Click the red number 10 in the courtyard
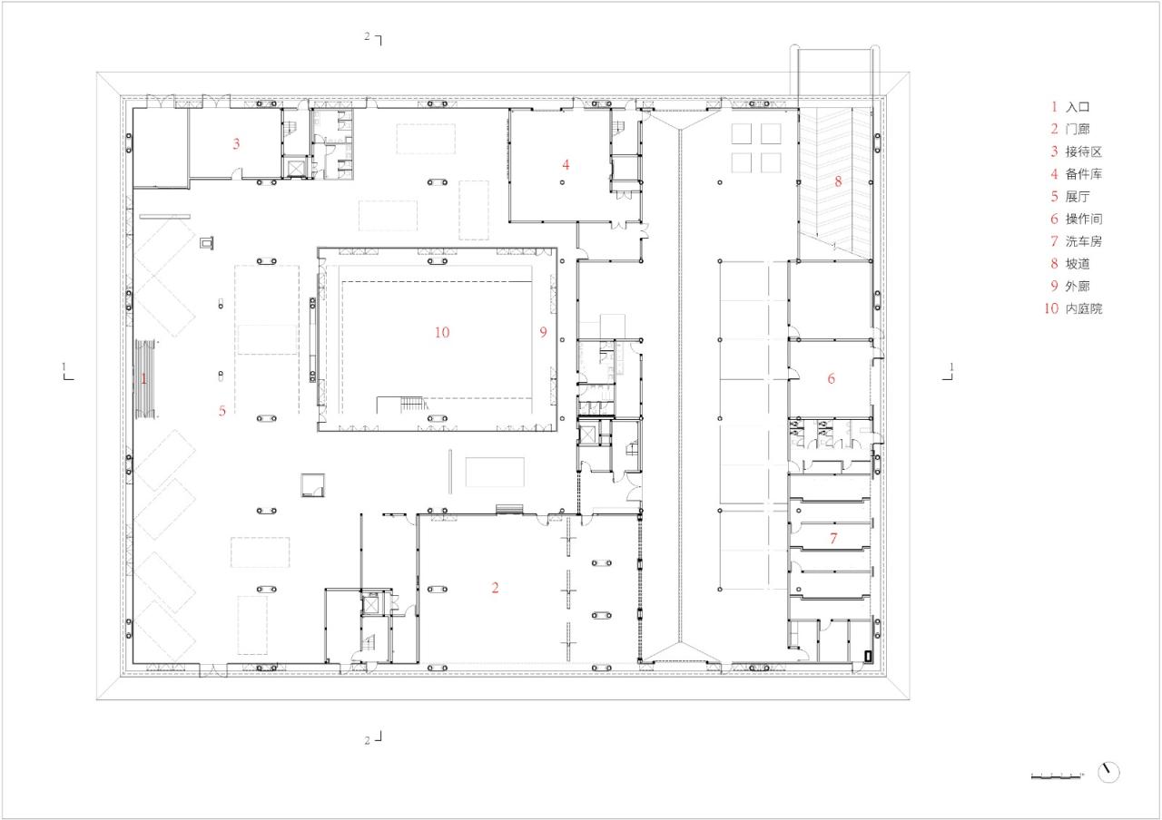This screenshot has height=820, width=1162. (x=441, y=333)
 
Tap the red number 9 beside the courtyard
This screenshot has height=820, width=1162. (x=543, y=333)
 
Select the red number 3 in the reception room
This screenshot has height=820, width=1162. (x=236, y=143)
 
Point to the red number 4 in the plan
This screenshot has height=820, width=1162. (x=566, y=165)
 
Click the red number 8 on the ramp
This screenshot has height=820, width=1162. (x=838, y=181)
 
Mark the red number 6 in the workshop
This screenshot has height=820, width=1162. (x=831, y=379)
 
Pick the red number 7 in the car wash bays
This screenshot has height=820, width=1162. (x=832, y=539)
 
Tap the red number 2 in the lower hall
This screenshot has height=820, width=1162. (x=495, y=588)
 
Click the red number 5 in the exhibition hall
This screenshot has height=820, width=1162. (x=222, y=410)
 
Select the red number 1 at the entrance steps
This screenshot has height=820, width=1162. (x=143, y=379)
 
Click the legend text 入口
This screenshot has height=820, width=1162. (x=1077, y=107)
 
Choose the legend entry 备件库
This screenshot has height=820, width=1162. (x=1083, y=174)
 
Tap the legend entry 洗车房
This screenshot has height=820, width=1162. (x=1083, y=241)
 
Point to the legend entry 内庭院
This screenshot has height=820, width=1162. (x=1083, y=309)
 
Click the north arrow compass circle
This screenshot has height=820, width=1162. (x=1108, y=772)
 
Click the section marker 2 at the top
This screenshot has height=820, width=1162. (x=373, y=38)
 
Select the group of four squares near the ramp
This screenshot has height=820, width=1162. (x=757, y=148)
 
